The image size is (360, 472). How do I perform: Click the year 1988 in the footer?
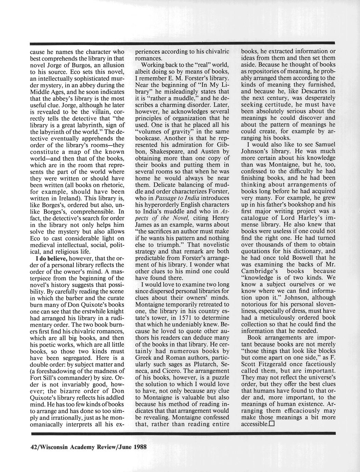[x=140, y=447]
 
